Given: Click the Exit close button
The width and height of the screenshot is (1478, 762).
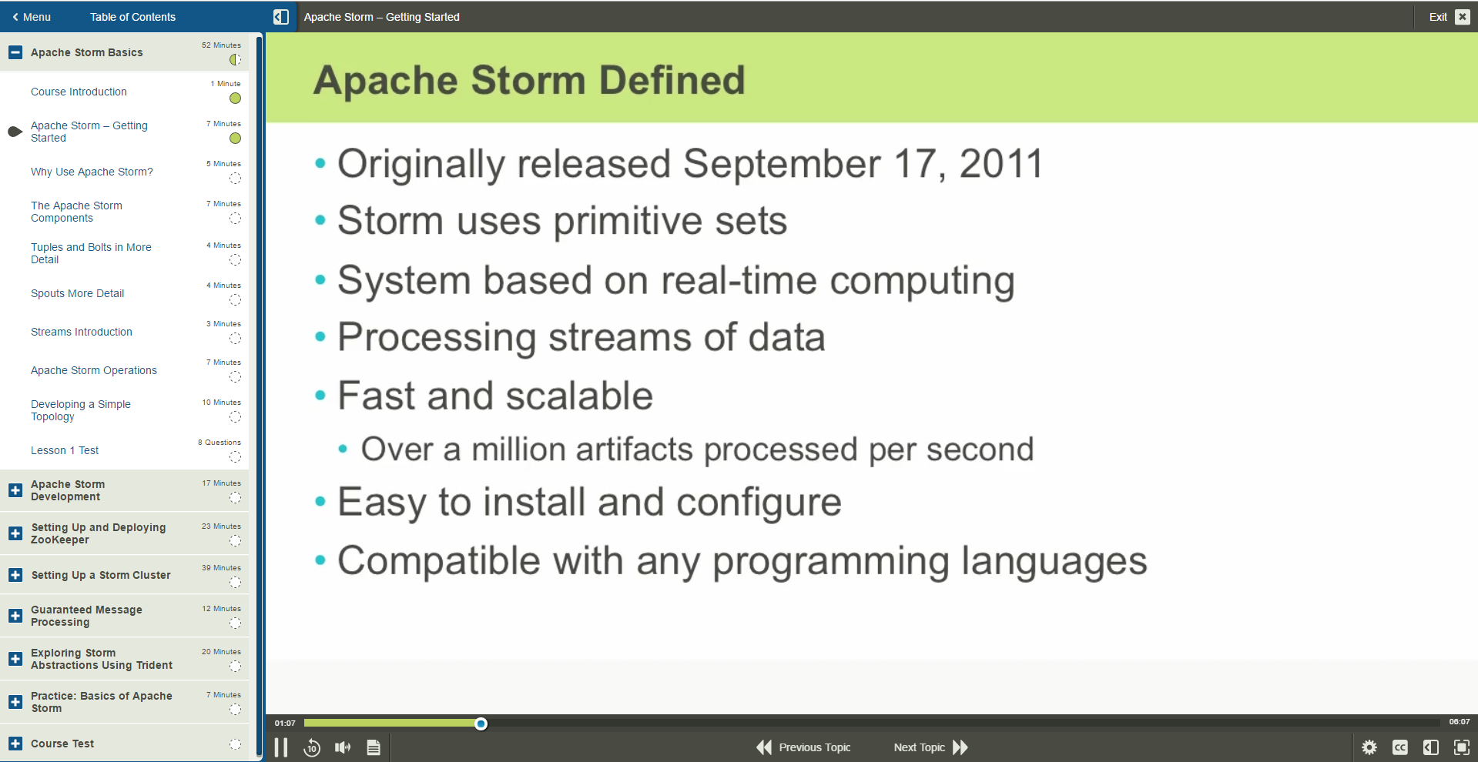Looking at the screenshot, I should pos(1462,17).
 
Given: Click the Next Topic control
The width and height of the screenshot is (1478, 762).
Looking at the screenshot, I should pos(930,747).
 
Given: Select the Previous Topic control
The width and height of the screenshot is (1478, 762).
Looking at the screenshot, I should pos(804,747).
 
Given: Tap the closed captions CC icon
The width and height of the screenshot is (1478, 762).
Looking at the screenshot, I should pos(1399,747).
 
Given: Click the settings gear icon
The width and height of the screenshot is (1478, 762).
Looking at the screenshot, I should pos(1369,747).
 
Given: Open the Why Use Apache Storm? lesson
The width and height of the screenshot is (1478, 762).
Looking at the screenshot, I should pos(92,172).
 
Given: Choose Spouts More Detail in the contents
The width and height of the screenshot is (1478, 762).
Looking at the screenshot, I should pos(77,293).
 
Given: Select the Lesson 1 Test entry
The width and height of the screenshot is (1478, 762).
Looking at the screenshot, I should pos(65,450).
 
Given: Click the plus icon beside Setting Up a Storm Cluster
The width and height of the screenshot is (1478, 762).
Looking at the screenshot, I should pos(15,575).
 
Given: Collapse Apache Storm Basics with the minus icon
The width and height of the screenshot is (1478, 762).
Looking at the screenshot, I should pos(15,52).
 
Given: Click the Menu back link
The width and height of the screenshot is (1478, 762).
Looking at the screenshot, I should pos(32,17).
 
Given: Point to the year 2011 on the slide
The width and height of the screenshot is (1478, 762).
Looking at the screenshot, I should pos(1000,164).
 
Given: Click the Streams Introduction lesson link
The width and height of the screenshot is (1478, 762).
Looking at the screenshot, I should pos(82,332).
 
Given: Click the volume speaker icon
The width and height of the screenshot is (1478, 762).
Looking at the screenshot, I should pos(343,747).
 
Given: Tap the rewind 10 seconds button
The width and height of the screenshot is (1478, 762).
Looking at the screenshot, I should pos(312,747).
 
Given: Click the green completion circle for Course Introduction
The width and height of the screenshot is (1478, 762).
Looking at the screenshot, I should pos(235,99).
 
